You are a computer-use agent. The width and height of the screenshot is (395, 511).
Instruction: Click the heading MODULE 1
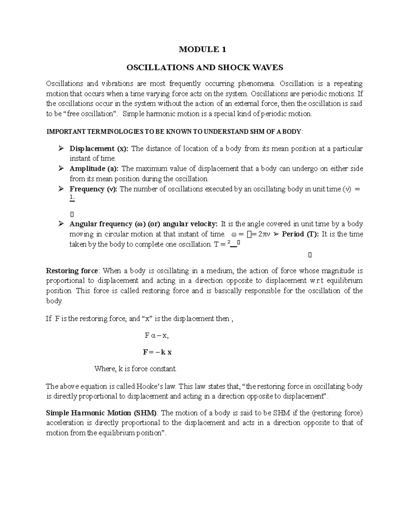[202, 50]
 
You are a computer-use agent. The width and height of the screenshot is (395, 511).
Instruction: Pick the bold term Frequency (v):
[93, 189]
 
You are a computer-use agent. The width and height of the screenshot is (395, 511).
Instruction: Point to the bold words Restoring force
[72, 271]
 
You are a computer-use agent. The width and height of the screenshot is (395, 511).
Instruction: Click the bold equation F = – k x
[157, 352]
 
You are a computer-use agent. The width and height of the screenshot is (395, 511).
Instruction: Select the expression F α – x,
[157, 336]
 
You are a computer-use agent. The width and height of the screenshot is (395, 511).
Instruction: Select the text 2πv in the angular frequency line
[262, 235]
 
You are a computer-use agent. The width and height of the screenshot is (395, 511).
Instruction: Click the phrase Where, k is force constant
[135, 369]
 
